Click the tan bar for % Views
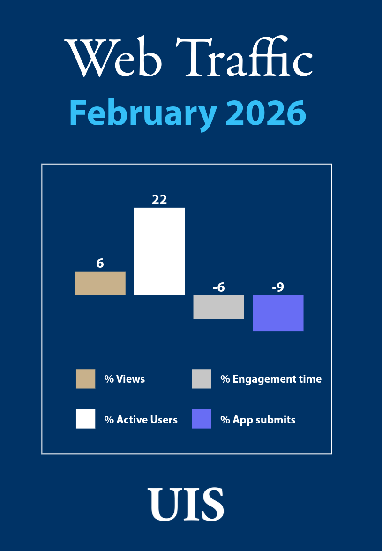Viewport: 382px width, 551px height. (100, 283)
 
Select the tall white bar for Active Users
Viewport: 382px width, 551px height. (159, 251)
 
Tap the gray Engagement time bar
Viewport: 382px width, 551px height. (218, 307)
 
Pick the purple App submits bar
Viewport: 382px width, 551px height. (278, 313)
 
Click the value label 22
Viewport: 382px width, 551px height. (159, 200)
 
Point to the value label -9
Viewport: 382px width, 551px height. (278, 287)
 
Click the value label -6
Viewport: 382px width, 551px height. (218, 287)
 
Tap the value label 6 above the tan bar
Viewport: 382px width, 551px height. (100, 264)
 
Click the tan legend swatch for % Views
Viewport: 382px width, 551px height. (85, 379)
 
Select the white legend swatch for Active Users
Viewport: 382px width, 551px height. (85, 419)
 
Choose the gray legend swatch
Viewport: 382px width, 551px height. (202, 379)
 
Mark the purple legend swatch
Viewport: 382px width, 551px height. (202, 419)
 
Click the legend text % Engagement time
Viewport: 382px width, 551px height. (271, 379)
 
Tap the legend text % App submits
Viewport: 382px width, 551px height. (258, 420)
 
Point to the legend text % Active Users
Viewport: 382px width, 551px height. (141, 420)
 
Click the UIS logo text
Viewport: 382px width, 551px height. (186, 504)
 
